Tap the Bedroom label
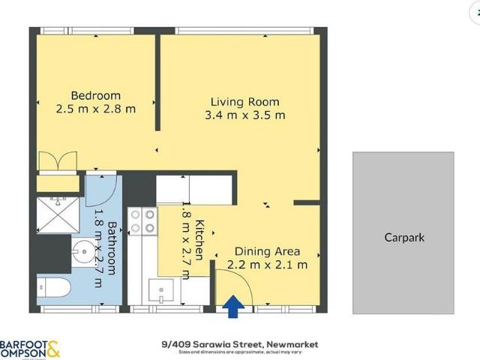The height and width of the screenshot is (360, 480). coord(95,95)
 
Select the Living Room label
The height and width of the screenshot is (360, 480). coord(244,102)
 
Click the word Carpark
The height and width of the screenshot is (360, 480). coord(404,238)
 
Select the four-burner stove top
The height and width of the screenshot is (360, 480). coord(142,220)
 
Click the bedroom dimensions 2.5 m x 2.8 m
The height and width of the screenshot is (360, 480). coord(95,109)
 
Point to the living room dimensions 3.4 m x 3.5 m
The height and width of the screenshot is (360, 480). coord(244,115)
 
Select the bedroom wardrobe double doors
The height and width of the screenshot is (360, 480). coord(57,162)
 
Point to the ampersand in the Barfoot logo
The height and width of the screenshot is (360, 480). coord(53,349)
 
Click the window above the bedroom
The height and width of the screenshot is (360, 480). coord(85,31)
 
